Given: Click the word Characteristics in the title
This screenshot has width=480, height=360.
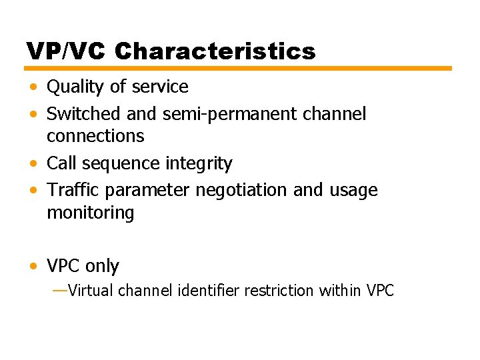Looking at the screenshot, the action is (215, 51).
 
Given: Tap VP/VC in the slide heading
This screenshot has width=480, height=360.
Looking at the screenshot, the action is (67, 51).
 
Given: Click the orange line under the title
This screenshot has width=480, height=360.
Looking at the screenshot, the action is (238, 68).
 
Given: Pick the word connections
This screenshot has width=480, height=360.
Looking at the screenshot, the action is (95, 136).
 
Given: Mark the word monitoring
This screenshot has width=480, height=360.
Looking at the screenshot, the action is (90, 213).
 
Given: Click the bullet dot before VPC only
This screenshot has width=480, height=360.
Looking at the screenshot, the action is (33, 267).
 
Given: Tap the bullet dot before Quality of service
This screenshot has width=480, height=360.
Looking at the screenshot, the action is (33, 87).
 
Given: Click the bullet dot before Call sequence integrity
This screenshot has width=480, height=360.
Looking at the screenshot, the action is (33, 163).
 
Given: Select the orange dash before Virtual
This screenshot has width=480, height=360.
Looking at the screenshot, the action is (59, 290).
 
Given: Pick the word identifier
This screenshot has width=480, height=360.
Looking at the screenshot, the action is (209, 291).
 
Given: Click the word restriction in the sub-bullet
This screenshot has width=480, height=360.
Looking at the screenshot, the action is (280, 291).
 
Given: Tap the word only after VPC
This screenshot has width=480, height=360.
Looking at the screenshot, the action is (102, 267).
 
